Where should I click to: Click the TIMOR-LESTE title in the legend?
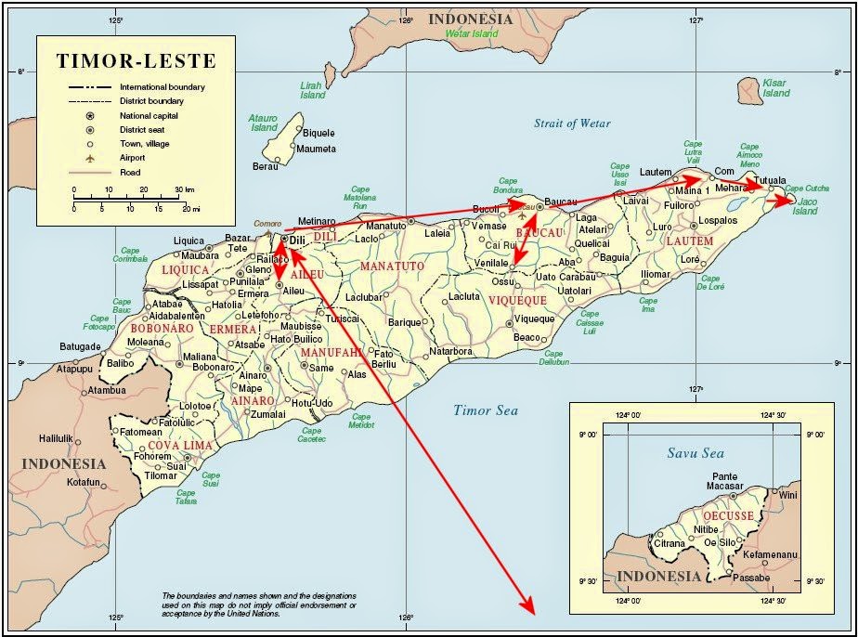point(136,62)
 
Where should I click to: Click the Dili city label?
point(297,240)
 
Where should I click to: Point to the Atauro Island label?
point(264,123)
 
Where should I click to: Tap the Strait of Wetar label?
point(572,123)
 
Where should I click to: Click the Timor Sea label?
point(486,410)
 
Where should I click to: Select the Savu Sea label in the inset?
point(695,453)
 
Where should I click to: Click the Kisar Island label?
point(775,88)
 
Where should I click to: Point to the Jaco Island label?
point(805,205)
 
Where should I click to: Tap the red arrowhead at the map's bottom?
point(529,607)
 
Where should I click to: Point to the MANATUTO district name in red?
point(394,266)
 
